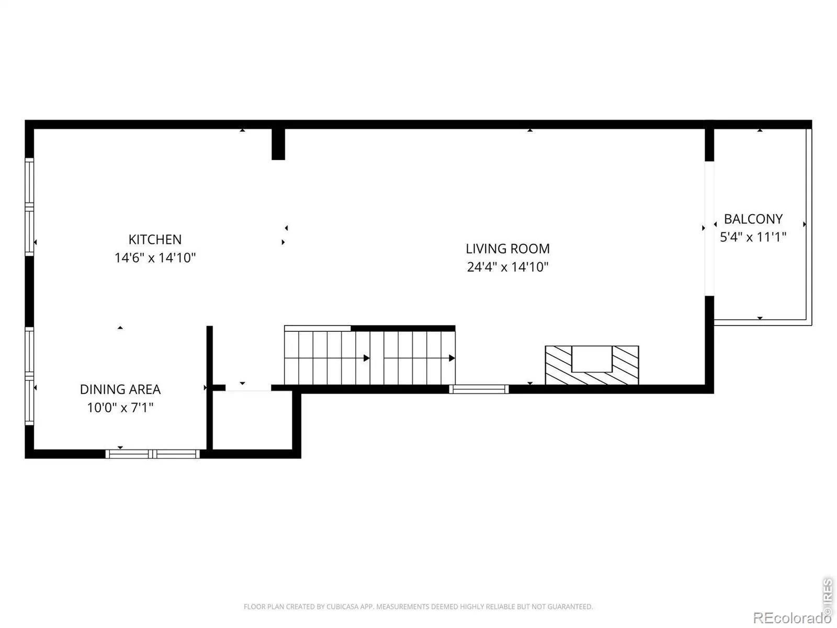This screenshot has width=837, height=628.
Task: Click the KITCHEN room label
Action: pos(155,240)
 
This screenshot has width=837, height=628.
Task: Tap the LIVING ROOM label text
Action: pos(507,249)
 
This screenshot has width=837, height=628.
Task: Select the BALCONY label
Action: pos(753,219)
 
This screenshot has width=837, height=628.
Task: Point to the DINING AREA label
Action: pos(120,389)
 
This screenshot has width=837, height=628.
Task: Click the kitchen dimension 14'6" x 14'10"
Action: pos(155,258)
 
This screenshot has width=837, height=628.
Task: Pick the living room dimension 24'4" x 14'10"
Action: pos(507,267)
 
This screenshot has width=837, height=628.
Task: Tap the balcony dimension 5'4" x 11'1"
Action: pos(753,237)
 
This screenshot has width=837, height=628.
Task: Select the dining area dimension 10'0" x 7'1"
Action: pos(120,408)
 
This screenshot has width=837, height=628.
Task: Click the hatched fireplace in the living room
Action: pos(592,365)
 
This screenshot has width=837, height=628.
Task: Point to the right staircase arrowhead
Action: pos(452,358)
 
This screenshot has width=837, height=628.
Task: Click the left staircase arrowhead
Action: pos(367,358)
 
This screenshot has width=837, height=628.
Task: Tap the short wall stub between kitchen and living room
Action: pos(278,144)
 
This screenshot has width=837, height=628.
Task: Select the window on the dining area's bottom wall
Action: pos(153,454)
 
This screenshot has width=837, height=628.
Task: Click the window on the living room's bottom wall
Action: pos(479,389)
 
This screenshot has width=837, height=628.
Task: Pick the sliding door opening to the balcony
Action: pos(709,228)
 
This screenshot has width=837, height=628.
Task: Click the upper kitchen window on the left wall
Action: pos(29,207)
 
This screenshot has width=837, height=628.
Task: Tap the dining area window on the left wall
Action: pos(29,376)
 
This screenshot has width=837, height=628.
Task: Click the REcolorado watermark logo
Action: pos(791,618)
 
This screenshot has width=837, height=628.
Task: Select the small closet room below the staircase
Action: pos(252,421)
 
